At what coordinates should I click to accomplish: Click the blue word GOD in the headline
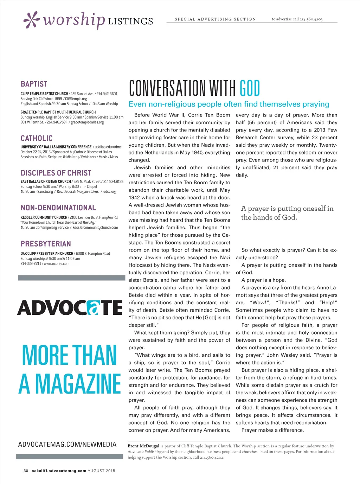click(250, 88)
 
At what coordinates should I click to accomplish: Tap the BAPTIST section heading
click(34, 84)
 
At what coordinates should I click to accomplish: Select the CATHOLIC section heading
click(37, 138)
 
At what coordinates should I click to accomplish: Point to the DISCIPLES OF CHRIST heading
click(56, 173)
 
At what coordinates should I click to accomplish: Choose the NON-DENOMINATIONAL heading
click(58, 208)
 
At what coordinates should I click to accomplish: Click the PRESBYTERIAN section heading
click(46, 244)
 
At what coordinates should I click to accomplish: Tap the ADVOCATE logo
click(70, 308)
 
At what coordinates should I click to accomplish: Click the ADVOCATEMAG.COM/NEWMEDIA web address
click(67, 445)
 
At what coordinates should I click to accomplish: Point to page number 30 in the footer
click(26, 471)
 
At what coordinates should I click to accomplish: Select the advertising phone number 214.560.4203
click(311, 19)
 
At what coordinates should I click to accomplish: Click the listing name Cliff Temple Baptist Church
click(44, 94)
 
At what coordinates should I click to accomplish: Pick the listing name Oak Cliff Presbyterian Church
click(47, 254)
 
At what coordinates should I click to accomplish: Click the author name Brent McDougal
click(143, 446)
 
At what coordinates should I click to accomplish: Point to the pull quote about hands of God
click(287, 213)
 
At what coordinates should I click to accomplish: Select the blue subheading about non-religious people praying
click(229, 104)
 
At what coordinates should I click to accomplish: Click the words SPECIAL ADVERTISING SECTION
click(215, 19)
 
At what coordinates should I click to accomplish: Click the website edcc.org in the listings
click(110, 192)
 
